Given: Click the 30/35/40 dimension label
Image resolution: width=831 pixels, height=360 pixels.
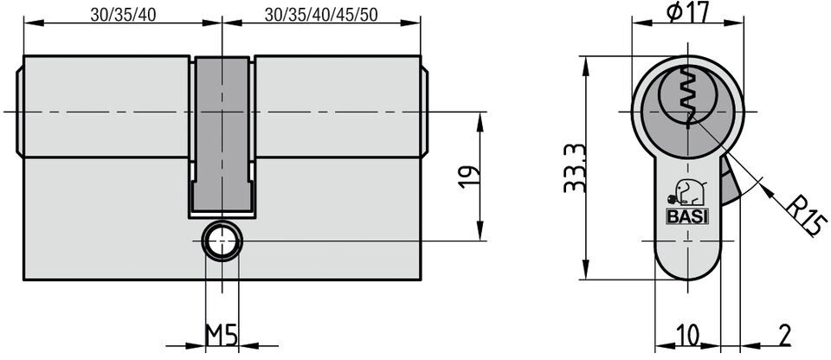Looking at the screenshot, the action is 123,15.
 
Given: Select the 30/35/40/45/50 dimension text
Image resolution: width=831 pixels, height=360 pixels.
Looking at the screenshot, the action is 321,15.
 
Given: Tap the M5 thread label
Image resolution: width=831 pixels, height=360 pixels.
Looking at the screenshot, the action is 222,335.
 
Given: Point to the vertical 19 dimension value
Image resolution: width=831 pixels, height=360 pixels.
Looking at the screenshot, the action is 468,177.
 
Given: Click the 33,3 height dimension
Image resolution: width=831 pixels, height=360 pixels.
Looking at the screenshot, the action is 575,168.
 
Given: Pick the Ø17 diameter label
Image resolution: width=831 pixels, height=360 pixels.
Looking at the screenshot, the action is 687,13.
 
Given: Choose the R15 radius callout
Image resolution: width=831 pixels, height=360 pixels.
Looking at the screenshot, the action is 805,215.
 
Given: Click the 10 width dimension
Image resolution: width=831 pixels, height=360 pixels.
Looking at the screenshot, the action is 687,335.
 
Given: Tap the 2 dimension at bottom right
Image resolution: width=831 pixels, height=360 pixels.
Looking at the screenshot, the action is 785,335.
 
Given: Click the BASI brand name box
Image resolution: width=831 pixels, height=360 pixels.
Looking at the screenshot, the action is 687,216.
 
